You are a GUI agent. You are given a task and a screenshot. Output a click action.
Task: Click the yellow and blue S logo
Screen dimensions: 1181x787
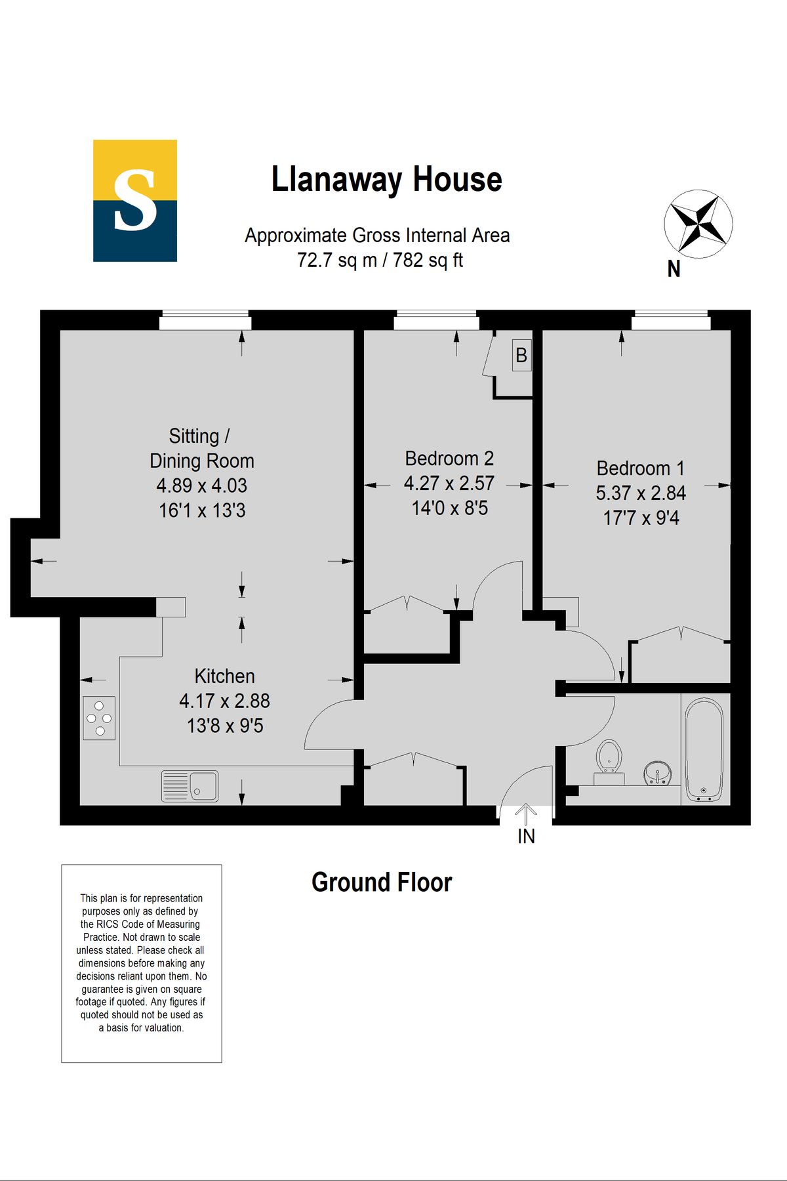[x=135, y=201]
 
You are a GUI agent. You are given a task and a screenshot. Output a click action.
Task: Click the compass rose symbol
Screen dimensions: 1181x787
[x=698, y=224]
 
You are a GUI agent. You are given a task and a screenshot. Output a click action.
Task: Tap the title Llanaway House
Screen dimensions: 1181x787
[x=386, y=180]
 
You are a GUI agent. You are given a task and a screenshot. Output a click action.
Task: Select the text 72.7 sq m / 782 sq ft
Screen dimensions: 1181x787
[x=380, y=260]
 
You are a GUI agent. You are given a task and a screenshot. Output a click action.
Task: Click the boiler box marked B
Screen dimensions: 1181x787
[x=521, y=356]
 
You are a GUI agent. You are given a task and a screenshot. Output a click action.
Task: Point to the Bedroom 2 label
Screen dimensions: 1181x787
[x=449, y=458]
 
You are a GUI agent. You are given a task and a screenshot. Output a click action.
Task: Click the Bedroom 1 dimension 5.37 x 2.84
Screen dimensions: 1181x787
[x=641, y=493]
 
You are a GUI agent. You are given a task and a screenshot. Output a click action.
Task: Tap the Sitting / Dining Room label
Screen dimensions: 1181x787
[x=201, y=448]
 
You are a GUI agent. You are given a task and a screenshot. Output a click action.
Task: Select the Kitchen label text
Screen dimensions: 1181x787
[x=224, y=676]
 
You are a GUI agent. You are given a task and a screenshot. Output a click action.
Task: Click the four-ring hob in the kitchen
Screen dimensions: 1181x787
[x=99, y=718]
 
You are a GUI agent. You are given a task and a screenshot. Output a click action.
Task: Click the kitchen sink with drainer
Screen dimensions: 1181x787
[x=190, y=786]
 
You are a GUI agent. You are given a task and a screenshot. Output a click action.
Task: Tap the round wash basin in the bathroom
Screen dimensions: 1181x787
[x=657, y=773]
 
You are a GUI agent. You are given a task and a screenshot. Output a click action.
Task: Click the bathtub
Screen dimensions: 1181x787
[x=704, y=749]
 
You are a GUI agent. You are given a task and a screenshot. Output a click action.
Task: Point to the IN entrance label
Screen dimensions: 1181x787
[x=526, y=836]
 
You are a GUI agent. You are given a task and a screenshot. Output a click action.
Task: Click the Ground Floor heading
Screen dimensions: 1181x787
[x=382, y=882]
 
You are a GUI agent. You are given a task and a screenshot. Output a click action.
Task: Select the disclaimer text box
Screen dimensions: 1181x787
[x=142, y=963]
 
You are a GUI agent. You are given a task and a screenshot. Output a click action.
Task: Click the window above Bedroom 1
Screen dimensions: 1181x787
[x=671, y=321]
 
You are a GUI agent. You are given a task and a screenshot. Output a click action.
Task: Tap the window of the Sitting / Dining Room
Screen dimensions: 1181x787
[x=205, y=321]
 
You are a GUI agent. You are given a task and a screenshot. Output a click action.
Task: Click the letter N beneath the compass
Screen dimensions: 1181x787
[x=674, y=269]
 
